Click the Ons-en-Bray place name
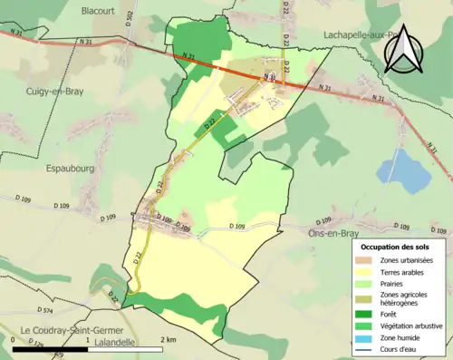pyautogui.click(x=323, y=231)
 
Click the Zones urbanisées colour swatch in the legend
pyautogui.click(x=366, y=261)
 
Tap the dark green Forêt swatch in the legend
pyautogui.click(x=366, y=314)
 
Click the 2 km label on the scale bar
pyautogui.click(x=168, y=338)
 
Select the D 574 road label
pyautogui.click(x=48, y=311)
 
